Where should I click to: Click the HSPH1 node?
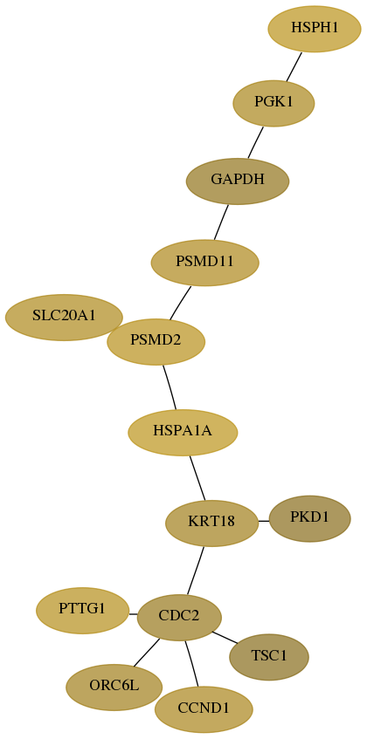coord(315,29)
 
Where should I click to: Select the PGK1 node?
coord(274,103)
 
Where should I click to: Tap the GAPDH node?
coord(238,181)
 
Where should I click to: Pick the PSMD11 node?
coord(204,263)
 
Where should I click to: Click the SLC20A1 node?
coord(64,318)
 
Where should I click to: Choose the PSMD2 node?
coord(156,342)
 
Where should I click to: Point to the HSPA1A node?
coord(183,432)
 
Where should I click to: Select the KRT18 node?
coord(211,523)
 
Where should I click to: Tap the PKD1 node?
coord(310,518)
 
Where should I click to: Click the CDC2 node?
coord(179,618)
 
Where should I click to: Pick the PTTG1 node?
coord(82,611)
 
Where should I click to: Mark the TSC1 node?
coord(269,657)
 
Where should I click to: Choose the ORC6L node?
coord(114,688)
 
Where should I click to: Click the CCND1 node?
coord(204,709)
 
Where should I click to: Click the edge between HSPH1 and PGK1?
coord(294,66)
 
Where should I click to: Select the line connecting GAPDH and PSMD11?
coord(221,222)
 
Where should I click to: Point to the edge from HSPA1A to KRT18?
coord(197,478)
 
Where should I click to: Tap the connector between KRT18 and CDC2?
coord(196,571)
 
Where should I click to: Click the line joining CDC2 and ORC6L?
coord(146,653)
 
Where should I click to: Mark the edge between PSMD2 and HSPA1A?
coord(170,387)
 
